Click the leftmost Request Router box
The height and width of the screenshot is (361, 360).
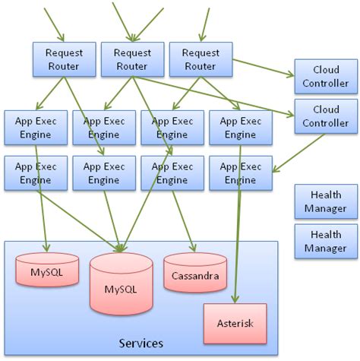(64, 59)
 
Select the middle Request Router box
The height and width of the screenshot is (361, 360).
(132, 59)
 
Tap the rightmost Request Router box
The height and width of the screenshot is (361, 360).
(200, 59)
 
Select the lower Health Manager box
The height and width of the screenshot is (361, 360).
(325, 241)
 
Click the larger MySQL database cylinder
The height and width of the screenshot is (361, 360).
(121, 287)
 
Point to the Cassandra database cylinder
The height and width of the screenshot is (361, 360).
(195, 274)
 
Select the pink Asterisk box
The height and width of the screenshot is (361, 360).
(235, 323)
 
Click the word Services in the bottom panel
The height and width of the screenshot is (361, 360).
(141, 344)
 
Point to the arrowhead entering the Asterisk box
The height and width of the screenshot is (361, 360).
(236, 299)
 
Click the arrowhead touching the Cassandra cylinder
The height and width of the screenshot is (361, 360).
(195, 248)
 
